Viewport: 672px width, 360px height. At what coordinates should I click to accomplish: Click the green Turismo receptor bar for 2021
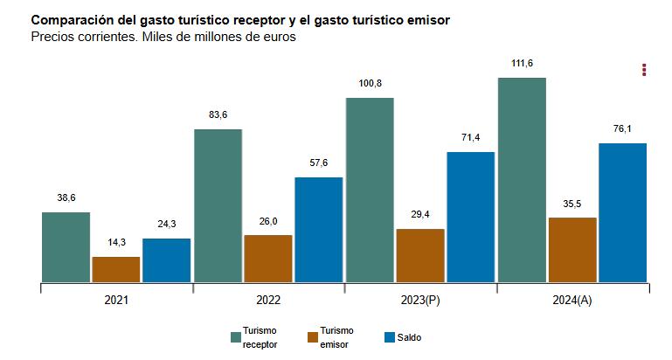[66, 247]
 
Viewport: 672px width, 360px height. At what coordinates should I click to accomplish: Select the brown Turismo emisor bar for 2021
[116, 269]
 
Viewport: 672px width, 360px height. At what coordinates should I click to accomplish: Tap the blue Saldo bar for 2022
[319, 230]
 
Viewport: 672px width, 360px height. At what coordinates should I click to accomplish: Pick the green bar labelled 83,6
[218, 205]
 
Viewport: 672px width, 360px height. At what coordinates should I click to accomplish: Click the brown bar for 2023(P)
[420, 255]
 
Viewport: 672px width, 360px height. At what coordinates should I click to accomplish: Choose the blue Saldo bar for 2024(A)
[623, 212]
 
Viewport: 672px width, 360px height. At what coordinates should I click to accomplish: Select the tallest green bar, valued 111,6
[522, 180]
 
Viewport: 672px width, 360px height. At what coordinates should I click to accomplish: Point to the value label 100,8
[370, 84]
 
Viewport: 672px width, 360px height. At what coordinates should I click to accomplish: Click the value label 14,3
[116, 243]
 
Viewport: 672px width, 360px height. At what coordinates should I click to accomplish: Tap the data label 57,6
[319, 163]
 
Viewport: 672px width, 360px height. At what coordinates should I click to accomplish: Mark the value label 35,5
[572, 204]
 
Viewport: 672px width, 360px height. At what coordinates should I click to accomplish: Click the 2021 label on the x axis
[116, 300]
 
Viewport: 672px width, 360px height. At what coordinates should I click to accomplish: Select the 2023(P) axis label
[420, 300]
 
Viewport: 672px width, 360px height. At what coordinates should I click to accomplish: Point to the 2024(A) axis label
[572, 300]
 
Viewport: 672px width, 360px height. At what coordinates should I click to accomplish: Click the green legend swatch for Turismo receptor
[236, 337]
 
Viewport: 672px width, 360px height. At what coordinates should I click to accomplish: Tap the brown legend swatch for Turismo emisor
[313, 337]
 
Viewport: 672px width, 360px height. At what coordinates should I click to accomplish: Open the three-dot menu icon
[644, 70]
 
